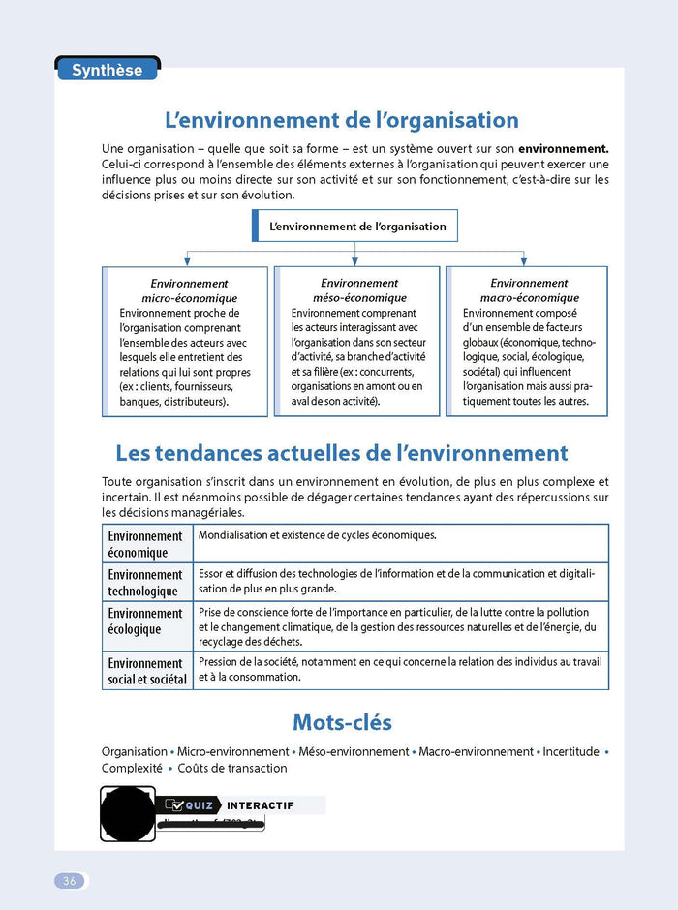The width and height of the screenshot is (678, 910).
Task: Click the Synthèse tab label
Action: [x=107, y=70]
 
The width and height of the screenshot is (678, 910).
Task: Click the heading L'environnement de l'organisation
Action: [x=342, y=120]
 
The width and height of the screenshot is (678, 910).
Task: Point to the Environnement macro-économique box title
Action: [x=529, y=290]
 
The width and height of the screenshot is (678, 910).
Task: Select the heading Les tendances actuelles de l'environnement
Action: [x=342, y=453]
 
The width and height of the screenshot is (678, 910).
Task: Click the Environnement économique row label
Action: [x=145, y=544]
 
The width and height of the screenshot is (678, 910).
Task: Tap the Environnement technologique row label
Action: [x=145, y=583]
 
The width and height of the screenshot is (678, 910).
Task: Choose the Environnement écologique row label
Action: [x=145, y=622]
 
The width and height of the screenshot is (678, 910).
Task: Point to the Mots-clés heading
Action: [x=342, y=723]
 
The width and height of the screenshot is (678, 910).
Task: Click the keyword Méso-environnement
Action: [x=354, y=751]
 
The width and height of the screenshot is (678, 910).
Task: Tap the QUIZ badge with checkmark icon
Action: [x=190, y=805]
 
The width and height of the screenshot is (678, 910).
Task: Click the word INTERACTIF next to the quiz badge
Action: [x=260, y=805]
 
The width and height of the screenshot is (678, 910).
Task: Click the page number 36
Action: [x=70, y=881]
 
